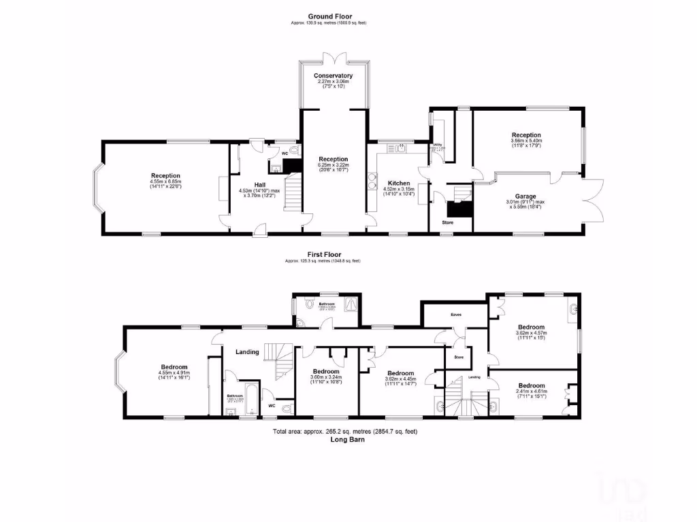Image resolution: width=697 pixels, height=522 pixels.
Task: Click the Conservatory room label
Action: [334, 75]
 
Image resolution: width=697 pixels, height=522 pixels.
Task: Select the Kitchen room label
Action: [399, 183]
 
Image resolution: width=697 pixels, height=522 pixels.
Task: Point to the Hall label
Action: [260, 184]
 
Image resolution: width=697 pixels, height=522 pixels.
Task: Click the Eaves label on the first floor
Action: [456, 315]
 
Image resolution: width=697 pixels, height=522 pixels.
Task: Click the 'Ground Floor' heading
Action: [329, 16]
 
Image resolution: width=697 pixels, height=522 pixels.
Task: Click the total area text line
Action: [327, 432]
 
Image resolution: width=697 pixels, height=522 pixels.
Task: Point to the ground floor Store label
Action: [447, 222]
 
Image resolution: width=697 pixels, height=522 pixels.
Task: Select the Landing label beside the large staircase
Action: [247, 351]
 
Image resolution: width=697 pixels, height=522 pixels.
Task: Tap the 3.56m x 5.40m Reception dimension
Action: [527, 141]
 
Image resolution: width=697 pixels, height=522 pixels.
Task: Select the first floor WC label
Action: [272, 405]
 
